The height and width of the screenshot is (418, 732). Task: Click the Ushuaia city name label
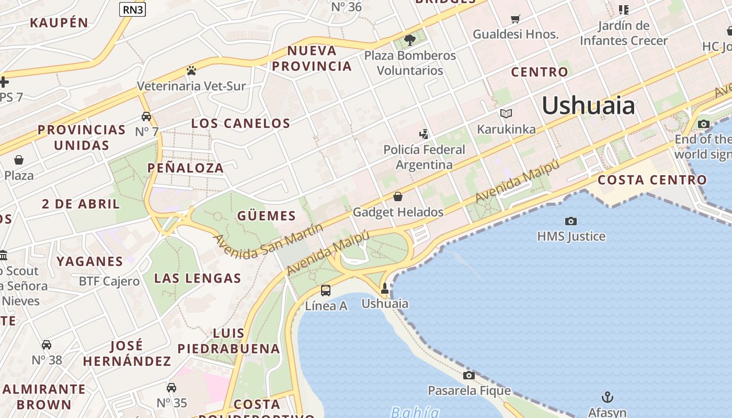588,106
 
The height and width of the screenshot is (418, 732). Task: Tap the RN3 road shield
132,9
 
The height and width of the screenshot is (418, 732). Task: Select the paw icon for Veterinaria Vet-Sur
191,71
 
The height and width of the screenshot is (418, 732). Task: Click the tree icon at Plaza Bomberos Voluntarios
410,40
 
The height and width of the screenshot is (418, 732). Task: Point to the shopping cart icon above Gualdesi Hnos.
516,19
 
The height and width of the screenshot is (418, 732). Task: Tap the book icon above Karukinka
506,113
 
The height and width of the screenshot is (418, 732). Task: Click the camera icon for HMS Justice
571,221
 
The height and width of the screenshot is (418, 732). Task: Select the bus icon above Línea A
326,290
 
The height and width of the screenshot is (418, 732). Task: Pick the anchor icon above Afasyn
607,397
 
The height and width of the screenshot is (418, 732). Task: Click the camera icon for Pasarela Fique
469,375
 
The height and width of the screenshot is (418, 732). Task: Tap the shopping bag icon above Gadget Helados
398,196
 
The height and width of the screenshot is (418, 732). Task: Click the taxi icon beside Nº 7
146,117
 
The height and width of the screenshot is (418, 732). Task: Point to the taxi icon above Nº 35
171,387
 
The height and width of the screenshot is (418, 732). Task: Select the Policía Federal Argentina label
424,157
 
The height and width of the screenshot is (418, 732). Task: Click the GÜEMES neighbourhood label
267,216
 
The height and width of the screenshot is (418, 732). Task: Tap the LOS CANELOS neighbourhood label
241,123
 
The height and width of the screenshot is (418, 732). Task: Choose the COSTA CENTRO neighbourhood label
652,180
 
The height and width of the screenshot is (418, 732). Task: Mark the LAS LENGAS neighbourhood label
198,278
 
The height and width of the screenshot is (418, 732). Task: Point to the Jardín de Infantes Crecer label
624,33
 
